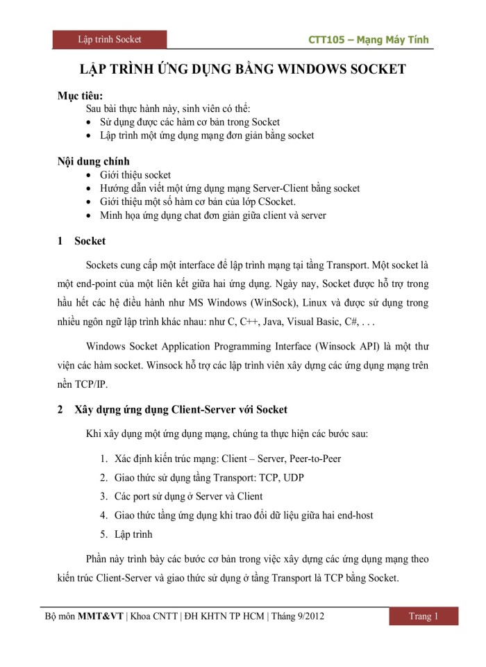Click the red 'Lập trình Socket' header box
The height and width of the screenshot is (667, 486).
(110, 40)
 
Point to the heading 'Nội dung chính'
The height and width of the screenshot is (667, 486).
(93, 161)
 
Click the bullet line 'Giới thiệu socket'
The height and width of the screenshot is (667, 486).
(135, 175)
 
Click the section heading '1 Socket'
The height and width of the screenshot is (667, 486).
(82, 242)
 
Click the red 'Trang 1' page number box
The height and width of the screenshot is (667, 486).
(423, 616)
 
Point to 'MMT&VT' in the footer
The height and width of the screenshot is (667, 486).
(100, 616)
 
